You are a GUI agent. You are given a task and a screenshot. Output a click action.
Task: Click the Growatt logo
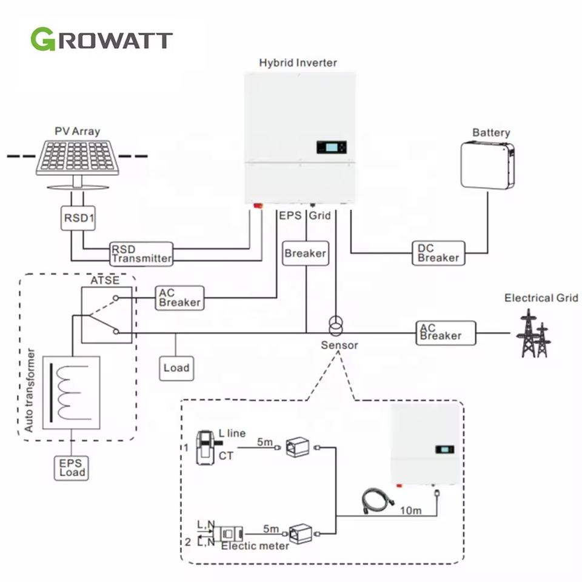point(101,39)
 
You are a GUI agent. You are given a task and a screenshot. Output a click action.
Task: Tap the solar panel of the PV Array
point(76,156)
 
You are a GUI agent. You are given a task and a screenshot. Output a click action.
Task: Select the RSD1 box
point(78,218)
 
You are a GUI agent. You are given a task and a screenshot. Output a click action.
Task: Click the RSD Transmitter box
point(141,253)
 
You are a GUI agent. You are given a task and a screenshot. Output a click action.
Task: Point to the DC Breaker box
point(438,253)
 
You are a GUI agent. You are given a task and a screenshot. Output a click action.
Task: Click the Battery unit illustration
point(487,165)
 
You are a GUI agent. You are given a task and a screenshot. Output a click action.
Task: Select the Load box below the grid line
point(176,367)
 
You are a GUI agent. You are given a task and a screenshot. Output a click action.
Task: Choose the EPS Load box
point(71,467)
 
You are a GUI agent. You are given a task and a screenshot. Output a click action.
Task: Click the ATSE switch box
point(107,315)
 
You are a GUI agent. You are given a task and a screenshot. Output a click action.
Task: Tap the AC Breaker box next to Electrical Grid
point(446,333)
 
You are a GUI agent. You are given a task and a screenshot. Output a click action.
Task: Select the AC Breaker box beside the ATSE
point(179,298)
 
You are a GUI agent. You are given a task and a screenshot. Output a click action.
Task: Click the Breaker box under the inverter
point(306,253)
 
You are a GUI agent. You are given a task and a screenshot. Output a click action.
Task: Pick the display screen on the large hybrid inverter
point(330,147)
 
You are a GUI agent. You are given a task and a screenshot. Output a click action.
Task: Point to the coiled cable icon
point(377,502)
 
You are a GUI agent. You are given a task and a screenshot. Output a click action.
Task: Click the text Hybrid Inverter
point(298,62)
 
